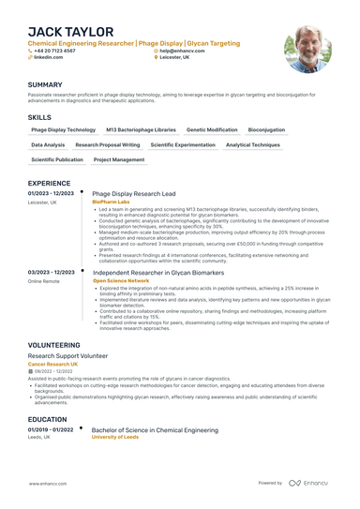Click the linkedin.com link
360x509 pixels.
pos(48,57)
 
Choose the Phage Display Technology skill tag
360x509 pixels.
pos(64,129)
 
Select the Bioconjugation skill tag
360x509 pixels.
pos(266,129)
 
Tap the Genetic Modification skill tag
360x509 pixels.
pos(212,129)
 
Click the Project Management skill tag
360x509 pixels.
pos(119,159)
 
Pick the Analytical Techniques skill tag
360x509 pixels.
pos(252,144)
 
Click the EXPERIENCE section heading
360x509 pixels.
pos(49,183)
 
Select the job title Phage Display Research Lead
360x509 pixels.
pos(134,193)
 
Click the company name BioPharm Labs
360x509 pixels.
pos(112,202)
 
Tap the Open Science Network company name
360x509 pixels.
pos(121,280)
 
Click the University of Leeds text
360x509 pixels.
pos(115,437)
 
